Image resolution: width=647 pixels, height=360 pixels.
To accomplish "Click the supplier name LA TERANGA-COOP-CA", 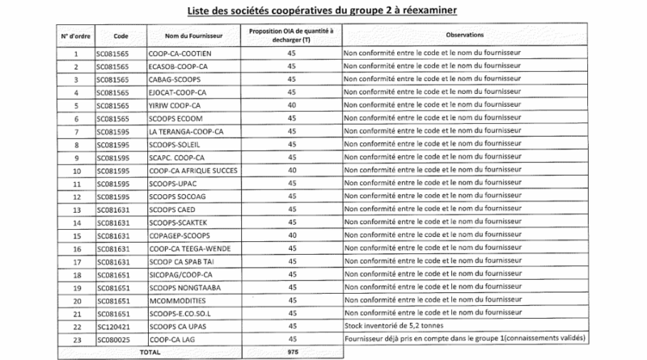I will tap(186, 132).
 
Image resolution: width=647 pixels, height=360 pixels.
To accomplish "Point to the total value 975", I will tap(293, 352).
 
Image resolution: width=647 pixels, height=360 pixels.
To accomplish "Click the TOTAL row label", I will tap(150, 352).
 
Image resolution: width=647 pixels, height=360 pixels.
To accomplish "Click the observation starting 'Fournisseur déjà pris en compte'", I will tap(463, 338).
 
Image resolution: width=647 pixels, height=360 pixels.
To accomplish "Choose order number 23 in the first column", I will tap(76, 338).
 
